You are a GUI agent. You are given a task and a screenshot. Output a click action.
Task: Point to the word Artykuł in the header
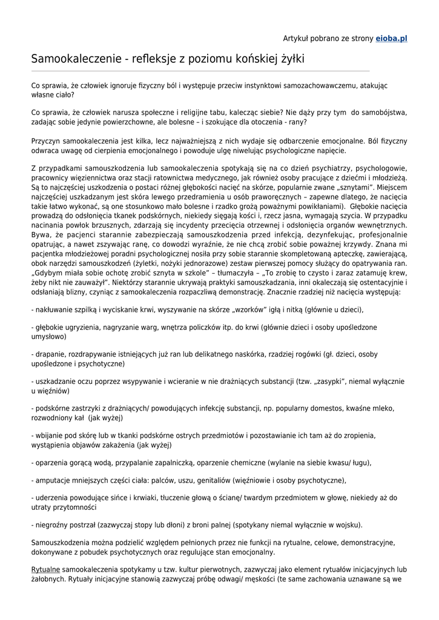(297, 38)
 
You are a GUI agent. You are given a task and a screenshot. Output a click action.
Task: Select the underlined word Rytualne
(45, 569)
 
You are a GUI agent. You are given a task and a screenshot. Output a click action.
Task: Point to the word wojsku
(346, 524)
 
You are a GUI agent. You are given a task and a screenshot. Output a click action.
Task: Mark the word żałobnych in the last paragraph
(51, 579)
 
